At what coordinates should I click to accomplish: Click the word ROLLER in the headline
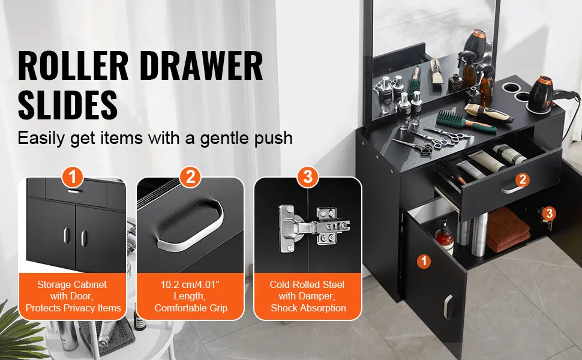click(x=73, y=65)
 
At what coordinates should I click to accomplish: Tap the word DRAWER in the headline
click(x=202, y=65)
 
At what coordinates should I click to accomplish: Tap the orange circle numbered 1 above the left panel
click(x=72, y=177)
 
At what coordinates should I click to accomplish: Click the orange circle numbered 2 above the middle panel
click(x=190, y=177)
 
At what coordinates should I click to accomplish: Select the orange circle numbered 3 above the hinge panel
click(x=308, y=177)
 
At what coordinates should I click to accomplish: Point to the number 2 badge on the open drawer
click(x=523, y=179)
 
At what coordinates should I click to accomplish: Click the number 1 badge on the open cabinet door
click(x=424, y=261)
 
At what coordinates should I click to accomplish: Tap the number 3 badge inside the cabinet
click(x=550, y=214)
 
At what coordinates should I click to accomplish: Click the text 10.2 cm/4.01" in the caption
click(x=190, y=284)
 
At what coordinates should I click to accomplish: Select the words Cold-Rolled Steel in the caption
click(x=307, y=284)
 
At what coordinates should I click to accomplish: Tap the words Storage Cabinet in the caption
click(x=71, y=284)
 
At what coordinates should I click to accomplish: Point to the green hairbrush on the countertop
click(x=466, y=122)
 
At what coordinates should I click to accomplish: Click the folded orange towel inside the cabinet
click(x=508, y=230)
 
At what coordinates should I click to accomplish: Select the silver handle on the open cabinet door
click(x=448, y=307)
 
